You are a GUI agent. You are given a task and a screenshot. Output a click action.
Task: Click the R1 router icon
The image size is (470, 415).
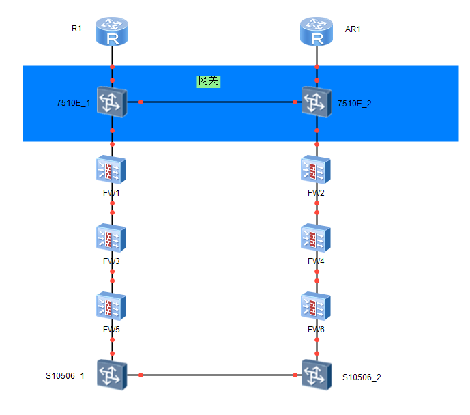coord(113,32)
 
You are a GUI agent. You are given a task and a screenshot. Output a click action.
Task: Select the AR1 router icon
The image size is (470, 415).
coord(317,32)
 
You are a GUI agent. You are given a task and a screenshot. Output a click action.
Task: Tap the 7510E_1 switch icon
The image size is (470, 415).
coord(113,102)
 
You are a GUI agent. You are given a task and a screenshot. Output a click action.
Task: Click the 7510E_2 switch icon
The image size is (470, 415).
coord(317,102)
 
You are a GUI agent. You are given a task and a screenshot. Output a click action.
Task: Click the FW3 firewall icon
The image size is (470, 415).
coord(113,238)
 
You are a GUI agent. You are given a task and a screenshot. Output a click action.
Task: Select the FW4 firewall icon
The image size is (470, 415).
coord(317,238)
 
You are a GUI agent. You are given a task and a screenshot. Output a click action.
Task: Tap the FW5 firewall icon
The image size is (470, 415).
coord(113,306)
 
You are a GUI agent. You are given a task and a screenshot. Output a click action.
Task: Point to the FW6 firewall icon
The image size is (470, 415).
coord(317,306)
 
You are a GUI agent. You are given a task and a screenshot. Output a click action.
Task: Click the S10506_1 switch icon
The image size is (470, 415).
coord(113,375)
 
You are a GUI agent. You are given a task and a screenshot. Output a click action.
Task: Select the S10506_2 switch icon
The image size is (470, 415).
coord(317,375)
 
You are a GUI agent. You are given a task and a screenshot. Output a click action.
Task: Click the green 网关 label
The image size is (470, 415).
coord(209,81)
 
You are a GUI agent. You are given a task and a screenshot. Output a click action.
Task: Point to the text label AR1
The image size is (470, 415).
coord(353,29)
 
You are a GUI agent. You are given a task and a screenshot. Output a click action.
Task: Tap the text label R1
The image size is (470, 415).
coord(76,29)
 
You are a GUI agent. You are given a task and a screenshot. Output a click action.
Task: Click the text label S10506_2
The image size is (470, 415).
coord(362,377)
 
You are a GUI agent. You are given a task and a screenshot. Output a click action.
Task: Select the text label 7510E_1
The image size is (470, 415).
coord(73,103)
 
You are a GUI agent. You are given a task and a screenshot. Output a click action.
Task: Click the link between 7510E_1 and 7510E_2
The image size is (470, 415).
coord(218,102)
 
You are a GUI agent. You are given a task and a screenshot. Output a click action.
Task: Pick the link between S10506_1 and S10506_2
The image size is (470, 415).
coord(218,375)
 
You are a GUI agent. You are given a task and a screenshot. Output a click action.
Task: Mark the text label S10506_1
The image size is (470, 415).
coord(65,375)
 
